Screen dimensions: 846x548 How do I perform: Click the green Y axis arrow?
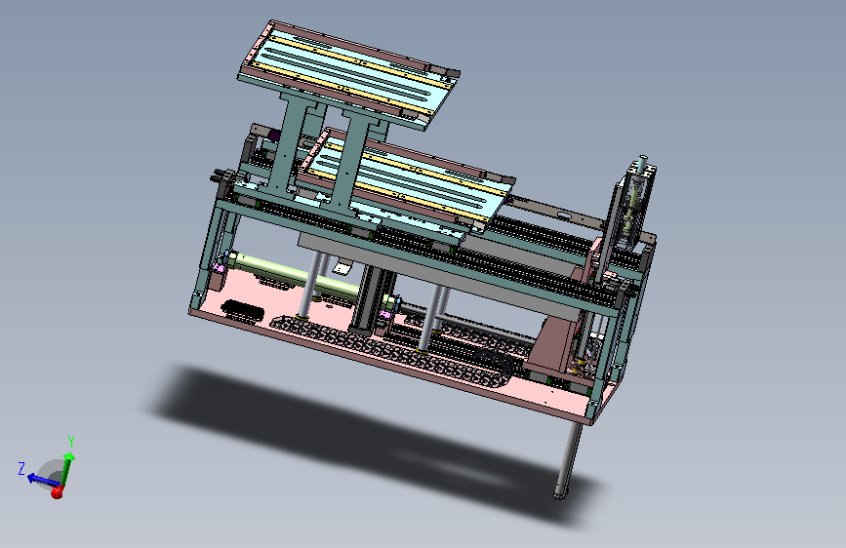click(x=65, y=470)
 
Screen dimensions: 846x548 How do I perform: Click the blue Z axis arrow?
click(x=42, y=480)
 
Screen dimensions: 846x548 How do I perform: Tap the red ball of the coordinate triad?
click(x=58, y=492)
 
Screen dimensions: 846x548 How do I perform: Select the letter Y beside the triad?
click(x=70, y=442)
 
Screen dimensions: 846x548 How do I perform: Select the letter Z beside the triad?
click(x=21, y=468)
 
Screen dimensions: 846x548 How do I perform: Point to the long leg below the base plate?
click(x=568, y=458)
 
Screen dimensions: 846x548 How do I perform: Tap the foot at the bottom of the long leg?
click(x=560, y=493)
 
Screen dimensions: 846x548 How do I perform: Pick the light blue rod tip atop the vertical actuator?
click(x=643, y=163)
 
